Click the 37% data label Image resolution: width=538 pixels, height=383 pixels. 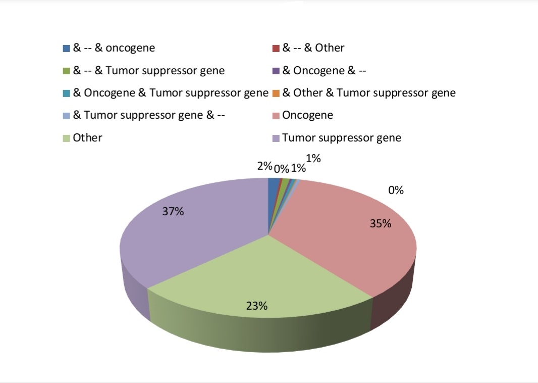pyautogui.click(x=173, y=211)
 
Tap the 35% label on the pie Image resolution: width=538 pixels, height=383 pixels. pyautogui.click(x=381, y=224)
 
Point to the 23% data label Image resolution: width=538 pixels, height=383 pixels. pyautogui.click(x=257, y=306)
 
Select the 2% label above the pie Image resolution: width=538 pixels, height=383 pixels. pyautogui.click(x=264, y=166)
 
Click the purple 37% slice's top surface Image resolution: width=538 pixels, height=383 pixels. pyautogui.click(x=192, y=233)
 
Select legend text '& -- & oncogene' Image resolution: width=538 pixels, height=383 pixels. pyautogui.click(x=114, y=47)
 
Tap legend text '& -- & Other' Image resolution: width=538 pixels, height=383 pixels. pyautogui.click(x=313, y=47)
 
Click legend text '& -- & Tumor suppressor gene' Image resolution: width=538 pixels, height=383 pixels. pyautogui.click(x=149, y=70)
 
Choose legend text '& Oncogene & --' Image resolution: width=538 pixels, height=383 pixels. pyautogui.click(x=324, y=70)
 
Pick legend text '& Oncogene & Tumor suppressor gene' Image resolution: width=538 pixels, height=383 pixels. pyautogui.click(x=171, y=93)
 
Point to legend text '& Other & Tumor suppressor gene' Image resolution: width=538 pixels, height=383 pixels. pyautogui.click(x=369, y=93)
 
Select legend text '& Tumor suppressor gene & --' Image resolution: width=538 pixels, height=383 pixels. pyautogui.click(x=149, y=115)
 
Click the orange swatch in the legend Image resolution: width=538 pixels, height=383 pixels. pyautogui.click(x=276, y=93)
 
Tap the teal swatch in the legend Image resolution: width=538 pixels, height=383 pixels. pyautogui.click(x=67, y=93)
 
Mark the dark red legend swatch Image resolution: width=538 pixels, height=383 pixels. pyautogui.click(x=276, y=49)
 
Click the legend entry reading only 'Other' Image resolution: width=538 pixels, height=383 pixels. pyautogui.click(x=87, y=138)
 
